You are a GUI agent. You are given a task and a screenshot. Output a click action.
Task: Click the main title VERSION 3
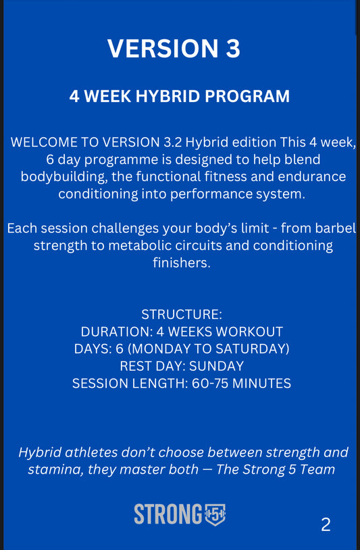174,49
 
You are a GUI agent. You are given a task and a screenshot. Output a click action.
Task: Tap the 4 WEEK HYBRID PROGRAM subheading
180,97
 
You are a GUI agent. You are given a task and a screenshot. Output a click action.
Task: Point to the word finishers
182,263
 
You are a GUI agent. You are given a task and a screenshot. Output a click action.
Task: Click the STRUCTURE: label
182,314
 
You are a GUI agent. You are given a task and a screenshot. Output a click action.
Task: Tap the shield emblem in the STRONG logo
215,515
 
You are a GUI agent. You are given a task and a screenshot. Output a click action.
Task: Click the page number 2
326,524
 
